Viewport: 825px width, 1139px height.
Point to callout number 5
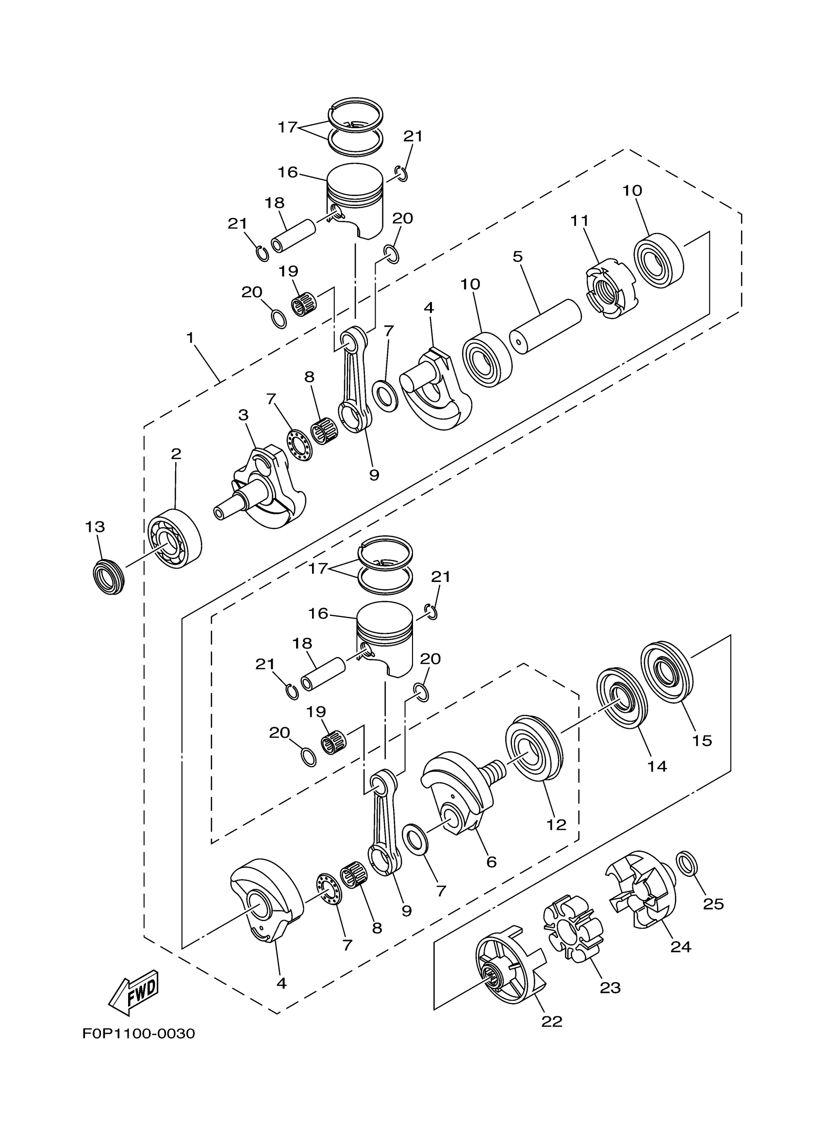(518, 257)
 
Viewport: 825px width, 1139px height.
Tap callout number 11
(579, 220)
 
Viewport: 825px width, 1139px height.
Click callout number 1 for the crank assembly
(190, 338)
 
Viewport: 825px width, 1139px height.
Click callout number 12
(556, 825)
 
